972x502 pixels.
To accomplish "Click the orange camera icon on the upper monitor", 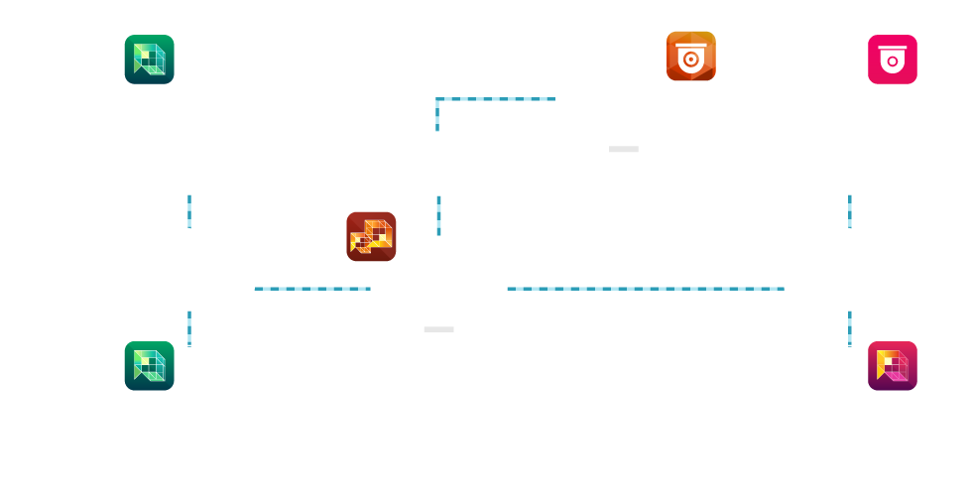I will click(x=690, y=56).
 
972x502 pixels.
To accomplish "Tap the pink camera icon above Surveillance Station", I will click(x=893, y=60).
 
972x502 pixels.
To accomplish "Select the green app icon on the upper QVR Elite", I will click(x=149, y=60).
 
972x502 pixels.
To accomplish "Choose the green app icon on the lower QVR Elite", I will click(x=149, y=366).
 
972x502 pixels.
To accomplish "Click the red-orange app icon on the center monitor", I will click(x=371, y=236).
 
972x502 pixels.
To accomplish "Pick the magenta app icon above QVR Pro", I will click(x=893, y=366).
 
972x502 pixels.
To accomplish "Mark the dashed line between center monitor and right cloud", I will click(x=645, y=289).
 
